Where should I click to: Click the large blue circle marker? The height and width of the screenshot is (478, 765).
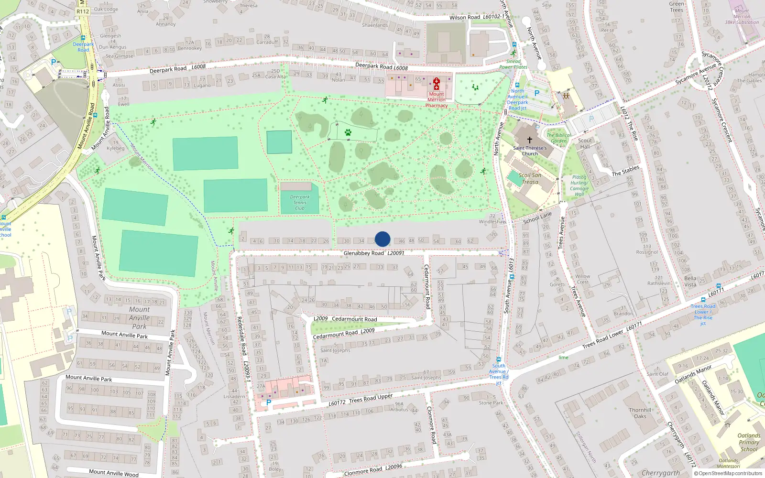(x=382, y=239)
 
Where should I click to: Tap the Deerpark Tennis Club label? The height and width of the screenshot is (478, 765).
(x=300, y=202)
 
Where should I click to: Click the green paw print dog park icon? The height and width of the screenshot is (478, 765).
(x=348, y=132)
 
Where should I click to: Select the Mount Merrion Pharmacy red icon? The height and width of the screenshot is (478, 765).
(x=436, y=84)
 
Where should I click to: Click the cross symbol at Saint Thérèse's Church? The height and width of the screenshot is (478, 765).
(x=529, y=140)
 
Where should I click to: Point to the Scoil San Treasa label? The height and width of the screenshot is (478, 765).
(x=530, y=178)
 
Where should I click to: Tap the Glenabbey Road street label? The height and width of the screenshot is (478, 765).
(x=363, y=253)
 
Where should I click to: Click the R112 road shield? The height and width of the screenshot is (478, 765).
(x=83, y=11)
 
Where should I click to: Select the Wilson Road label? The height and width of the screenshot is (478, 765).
(x=464, y=17)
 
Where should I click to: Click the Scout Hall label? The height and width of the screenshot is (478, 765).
(x=585, y=143)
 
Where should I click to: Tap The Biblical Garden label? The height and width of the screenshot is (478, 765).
(x=558, y=138)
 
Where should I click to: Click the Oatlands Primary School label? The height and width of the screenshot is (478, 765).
(x=749, y=442)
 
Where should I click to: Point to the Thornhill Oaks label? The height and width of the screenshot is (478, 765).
(x=640, y=413)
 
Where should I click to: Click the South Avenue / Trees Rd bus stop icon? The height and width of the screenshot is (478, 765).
(x=498, y=359)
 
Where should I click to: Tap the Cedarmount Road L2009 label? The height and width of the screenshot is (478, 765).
(x=343, y=333)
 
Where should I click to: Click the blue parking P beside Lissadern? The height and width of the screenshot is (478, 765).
(x=269, y=402)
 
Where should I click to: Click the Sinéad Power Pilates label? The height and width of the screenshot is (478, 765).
(x=513, y=64)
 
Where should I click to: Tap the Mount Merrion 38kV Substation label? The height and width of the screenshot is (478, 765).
(x=742, y=16)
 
